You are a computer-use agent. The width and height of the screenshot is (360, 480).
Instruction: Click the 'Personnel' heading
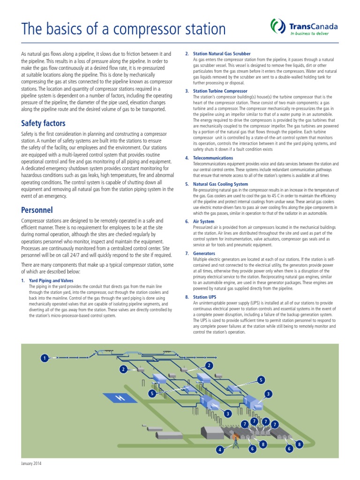point(37,210)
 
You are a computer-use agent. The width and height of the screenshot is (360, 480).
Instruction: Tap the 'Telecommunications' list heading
point(213,158)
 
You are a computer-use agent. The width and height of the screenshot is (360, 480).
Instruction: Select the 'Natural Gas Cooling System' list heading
point(220,184)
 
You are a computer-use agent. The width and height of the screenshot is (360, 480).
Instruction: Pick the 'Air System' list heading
point(203,221)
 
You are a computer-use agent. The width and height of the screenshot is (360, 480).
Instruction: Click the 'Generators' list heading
point(204,253)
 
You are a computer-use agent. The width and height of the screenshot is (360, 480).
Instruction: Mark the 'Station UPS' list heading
point(205,297)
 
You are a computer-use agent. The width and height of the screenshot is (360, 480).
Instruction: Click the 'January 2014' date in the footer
point(31,464)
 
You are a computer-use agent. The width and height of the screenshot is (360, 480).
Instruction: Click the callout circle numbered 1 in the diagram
point(45,358)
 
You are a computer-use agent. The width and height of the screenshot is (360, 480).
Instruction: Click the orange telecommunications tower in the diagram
point(236,438)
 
